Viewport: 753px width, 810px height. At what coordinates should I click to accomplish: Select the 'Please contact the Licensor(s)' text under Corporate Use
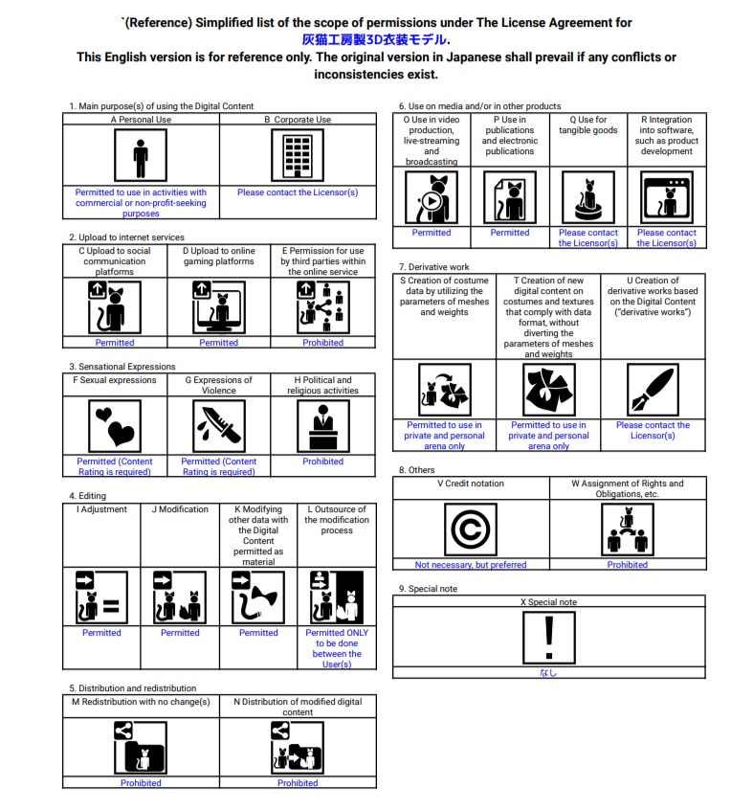tap(298, 192)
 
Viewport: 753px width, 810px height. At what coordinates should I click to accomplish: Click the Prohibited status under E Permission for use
tap(323, 343)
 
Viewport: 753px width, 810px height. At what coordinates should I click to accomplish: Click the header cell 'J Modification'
tap(180, 509)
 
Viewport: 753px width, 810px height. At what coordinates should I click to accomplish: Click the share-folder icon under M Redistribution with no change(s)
tap(141, 747)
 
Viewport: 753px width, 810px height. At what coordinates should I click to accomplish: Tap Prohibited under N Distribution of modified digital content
tap(298, 783)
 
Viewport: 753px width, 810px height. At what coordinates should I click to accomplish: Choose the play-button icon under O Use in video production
tap(432, 197)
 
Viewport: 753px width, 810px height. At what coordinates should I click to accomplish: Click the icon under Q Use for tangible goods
tap(587, 197)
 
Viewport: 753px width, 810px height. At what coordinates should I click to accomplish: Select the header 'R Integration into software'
tap(666, 136)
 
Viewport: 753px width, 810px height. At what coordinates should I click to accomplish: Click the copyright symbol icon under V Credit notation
tap(471, 529)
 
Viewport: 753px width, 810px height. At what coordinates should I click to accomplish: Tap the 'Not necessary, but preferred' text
tap(471, 565)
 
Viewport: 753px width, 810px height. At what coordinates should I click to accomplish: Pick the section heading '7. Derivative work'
tap(433, 267)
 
